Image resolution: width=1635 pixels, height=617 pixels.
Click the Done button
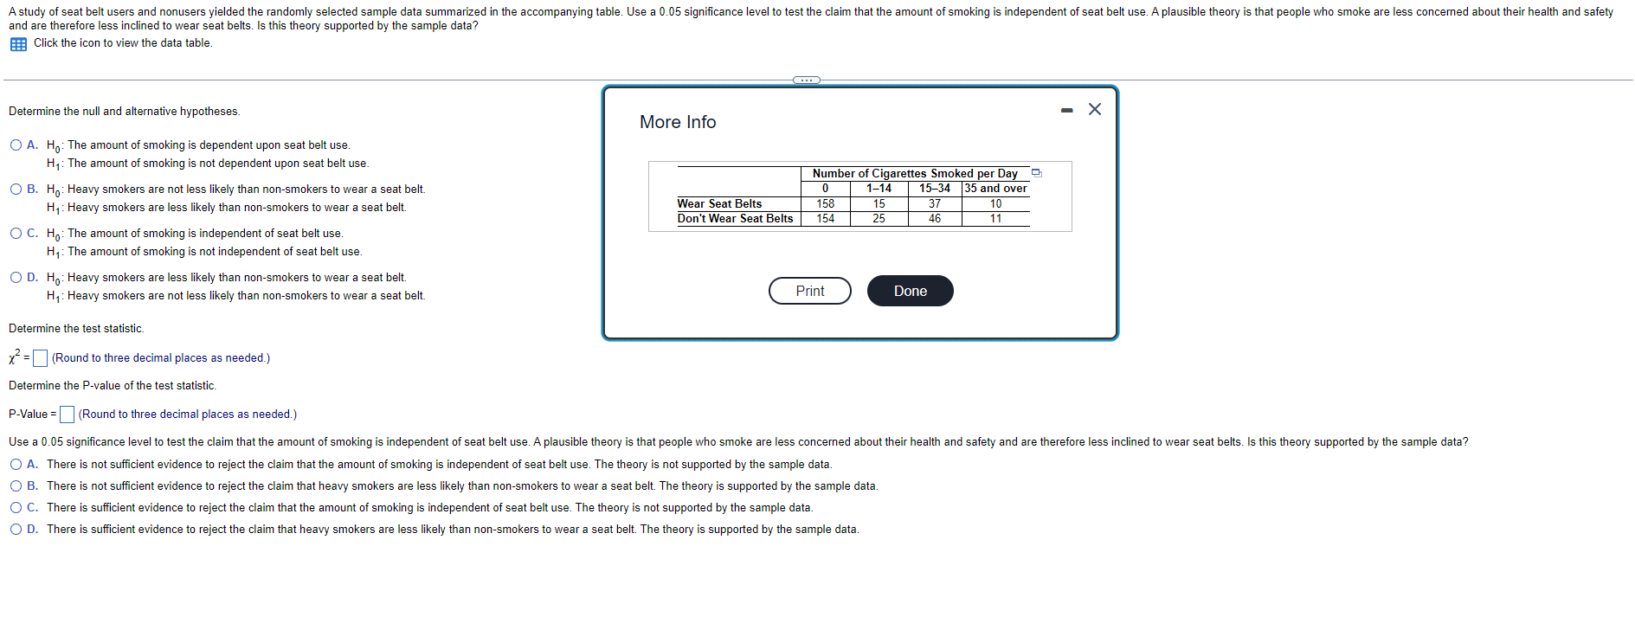point(910,291)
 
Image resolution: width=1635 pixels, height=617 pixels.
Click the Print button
point(809,291)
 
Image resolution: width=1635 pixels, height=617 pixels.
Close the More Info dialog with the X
point(1095,109)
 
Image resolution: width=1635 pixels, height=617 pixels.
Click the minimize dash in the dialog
point(1067,110)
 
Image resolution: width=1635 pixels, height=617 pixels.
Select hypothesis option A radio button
point(16,145)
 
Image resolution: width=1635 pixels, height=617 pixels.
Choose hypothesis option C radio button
point(16,234)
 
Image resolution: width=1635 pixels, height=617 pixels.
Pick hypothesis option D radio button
point(16,278)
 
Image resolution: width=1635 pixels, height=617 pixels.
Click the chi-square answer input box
point(40,358)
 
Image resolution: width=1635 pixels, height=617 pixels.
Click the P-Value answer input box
point(67,415)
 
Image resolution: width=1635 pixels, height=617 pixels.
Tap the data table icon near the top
point(18,44)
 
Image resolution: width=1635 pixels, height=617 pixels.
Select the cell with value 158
point(826,204)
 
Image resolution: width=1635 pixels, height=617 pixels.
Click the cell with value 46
point(935,219)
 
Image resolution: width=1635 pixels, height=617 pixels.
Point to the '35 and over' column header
point(995,189)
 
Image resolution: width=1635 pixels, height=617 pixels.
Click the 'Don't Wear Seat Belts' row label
point(735,219)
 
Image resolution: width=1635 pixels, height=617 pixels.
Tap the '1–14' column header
point(879,189)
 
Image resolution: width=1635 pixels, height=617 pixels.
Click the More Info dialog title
point(678,122)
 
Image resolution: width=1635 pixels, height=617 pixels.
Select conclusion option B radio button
point(16,486)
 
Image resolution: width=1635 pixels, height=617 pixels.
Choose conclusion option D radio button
point(16,530)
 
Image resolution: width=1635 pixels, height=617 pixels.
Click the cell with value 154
point(826,219)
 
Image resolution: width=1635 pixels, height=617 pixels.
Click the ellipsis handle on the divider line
point(807,80)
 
